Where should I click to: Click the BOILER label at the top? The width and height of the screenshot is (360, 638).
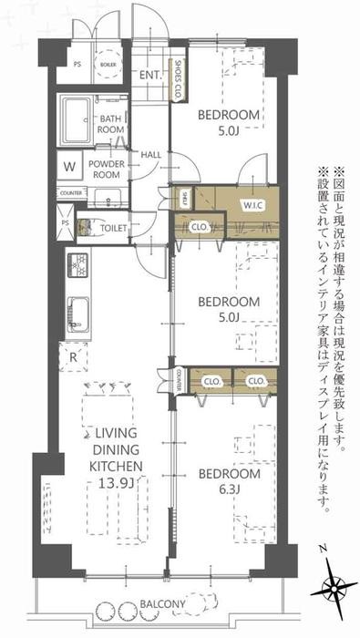point(108,66)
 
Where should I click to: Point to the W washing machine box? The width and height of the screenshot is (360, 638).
point(69,167)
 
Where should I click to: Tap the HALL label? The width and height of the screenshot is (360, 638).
point(151,154)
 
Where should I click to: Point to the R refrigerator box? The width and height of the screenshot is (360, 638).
point(71,357)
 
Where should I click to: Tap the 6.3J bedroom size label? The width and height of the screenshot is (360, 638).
point(221,493)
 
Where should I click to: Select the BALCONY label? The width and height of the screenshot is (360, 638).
point(166,604)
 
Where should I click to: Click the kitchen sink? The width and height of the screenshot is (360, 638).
point(76,315)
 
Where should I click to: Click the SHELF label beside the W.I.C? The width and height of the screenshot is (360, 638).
point(183,198)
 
